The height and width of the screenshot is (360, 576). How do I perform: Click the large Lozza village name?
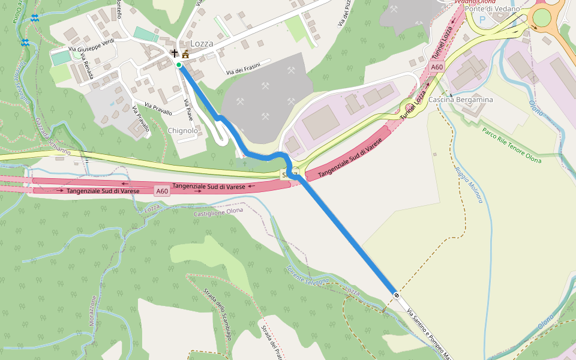point(202,44)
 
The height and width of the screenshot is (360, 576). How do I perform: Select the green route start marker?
point(179,65)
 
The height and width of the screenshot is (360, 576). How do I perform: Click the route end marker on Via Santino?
point(397,295)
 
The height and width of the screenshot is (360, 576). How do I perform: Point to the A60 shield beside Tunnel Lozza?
point(437,67)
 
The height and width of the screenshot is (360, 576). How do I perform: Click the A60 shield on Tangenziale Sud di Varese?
point(161,191)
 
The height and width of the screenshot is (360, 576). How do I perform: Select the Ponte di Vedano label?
point(492,9)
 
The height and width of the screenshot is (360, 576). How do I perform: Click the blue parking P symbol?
point(482,19)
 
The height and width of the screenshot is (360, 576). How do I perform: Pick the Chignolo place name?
point(183,130)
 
